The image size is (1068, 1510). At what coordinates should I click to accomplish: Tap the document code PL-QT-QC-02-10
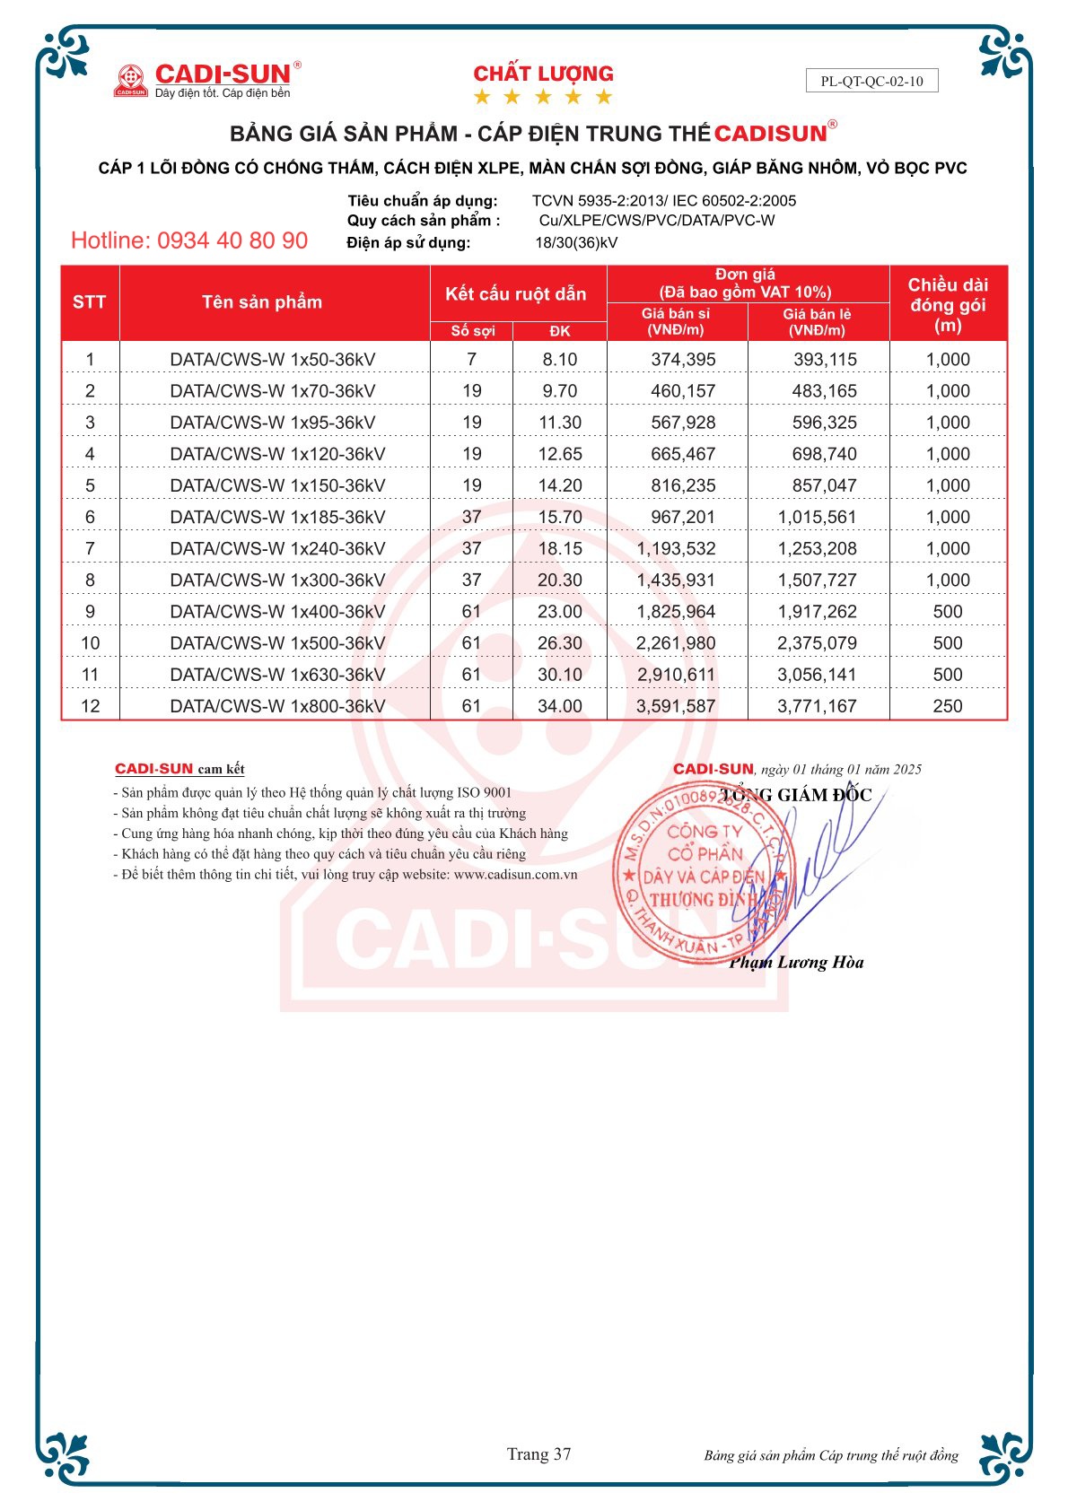point(871,81)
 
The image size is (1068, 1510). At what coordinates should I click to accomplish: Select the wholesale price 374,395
point(683,360)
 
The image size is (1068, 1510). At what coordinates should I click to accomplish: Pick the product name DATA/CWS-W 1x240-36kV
point(277,548)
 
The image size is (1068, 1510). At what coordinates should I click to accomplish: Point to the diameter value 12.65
point(560,454)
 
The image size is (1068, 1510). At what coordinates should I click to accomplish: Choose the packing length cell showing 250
point(948,706)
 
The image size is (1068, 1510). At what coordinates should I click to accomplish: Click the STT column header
point(90,302)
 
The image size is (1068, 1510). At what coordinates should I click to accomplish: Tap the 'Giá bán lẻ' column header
point(817,322)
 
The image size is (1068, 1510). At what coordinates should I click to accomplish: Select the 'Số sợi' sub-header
point(472,331)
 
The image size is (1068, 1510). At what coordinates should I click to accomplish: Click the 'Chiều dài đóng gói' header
point(948,305)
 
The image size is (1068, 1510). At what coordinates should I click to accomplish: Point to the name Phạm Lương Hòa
point(796,963)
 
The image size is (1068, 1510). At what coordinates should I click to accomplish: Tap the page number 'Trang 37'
point(538,1454)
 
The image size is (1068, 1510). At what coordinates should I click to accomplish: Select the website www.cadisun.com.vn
point(515,874)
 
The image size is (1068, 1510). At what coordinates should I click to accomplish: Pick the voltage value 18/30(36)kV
point(576,242)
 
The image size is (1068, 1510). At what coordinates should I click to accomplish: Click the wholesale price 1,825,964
point(676,612)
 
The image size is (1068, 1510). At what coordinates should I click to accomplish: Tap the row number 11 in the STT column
point(90,675)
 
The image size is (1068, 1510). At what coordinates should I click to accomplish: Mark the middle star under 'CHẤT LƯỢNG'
point(543,97)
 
